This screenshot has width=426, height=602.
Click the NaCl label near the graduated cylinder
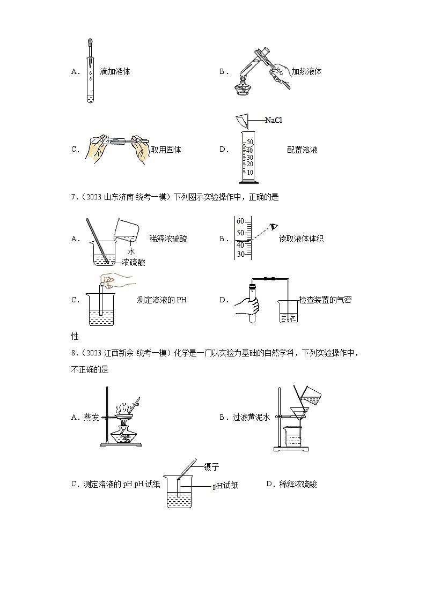[273, 120]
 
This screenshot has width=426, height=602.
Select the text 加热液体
[306, 71]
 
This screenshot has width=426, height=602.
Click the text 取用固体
[166, 150]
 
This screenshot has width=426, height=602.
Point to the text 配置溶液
[302, 150]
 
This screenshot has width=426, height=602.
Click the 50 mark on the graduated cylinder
[249, 142]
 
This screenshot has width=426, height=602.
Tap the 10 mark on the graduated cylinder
[249, 172]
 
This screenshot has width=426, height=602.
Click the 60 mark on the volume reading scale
[240, 221]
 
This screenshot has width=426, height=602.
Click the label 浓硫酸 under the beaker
[134, 262]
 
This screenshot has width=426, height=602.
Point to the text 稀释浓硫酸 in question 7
[168, 239]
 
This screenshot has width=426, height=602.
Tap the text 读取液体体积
[301, 239]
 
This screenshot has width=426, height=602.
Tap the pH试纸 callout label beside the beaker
[225, 486]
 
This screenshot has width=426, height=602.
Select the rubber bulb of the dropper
[89, 41]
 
